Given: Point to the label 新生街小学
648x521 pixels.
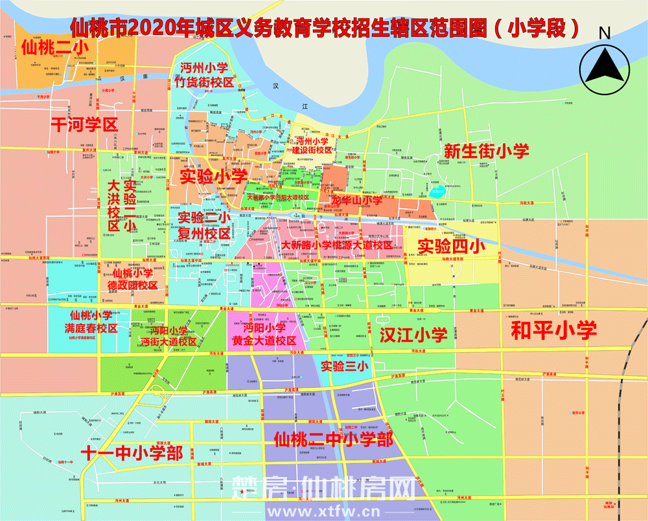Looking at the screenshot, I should pyautogui.click(x=487, y=151).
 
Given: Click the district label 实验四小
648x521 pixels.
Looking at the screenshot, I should pyautogui.click(x=451, y=246).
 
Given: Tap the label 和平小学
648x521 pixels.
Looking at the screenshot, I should pyautogui.click(x=553, y=330).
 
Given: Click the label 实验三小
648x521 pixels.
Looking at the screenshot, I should pyautogui.click(x=344, y=366).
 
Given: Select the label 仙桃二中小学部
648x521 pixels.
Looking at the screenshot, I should pyautogui.click(x=333, y=440).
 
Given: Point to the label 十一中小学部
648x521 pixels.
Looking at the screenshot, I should pyautogui.click(x=132, y=452).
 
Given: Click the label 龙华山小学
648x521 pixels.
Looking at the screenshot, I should pyautogui.click(x=356, y=201).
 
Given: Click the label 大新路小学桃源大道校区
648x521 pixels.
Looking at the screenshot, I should pyautogui.click(x=337, y=245).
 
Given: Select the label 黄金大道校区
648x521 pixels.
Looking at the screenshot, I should pyautogui.click(x=264, y=340).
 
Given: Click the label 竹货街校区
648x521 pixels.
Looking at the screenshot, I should pyautogui.click(x=205, y=82).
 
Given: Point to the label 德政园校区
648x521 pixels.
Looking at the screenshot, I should pyautogui.click(x=132, y=285).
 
